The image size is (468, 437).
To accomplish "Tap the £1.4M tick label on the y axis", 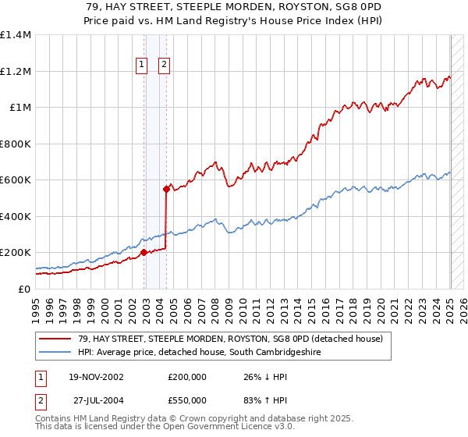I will tap(16, 35).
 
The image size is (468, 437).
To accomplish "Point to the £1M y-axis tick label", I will tap(20, 108).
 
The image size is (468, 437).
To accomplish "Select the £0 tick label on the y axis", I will tap(23, 289).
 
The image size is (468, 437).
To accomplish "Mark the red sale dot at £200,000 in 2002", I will tap(144, 253).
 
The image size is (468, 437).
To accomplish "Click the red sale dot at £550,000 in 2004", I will tap(167, 189).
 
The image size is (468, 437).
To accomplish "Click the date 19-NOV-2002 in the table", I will tap(96, 377).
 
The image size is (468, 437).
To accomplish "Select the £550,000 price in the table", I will tap(187, 400).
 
